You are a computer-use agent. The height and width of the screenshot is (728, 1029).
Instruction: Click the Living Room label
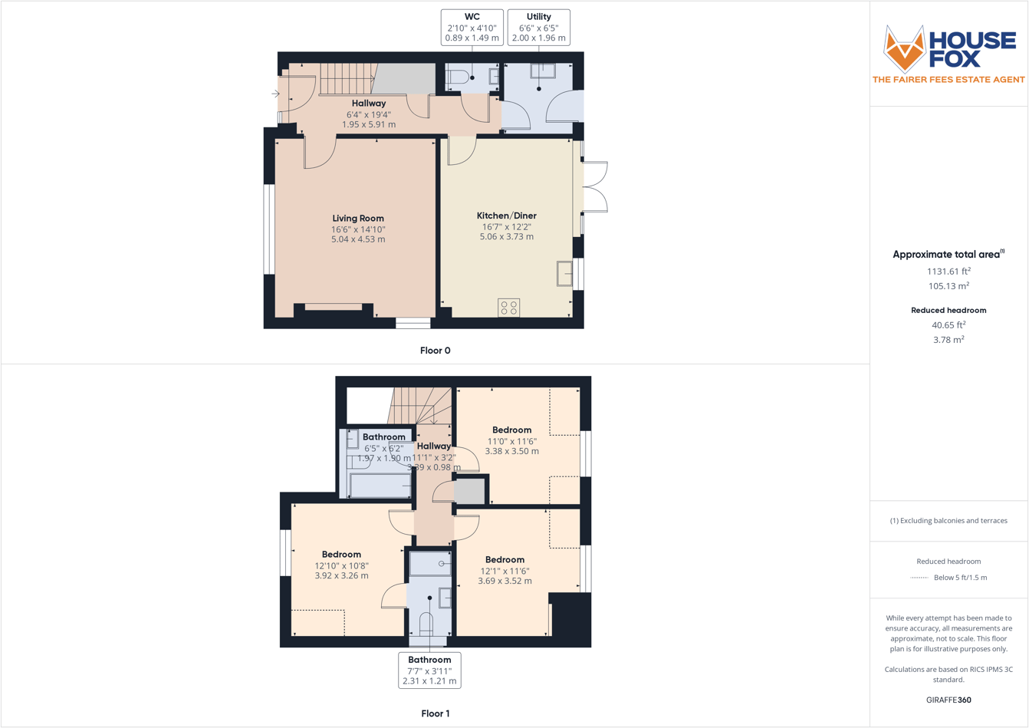point(358,219)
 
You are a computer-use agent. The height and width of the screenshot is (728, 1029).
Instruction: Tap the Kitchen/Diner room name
point(506,216)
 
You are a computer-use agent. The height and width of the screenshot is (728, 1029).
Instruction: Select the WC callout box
point(472,28)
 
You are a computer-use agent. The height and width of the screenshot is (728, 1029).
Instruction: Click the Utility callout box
point(538,28)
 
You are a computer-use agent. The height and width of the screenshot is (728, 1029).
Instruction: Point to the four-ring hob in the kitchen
point(508,308)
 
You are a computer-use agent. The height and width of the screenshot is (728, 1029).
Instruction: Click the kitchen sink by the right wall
point(565,274)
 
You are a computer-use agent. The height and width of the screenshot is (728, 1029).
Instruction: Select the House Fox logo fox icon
point(905,48)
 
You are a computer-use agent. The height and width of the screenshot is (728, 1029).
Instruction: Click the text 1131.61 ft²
point(948,271)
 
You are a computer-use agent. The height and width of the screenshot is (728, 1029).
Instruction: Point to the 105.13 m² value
point(948,286)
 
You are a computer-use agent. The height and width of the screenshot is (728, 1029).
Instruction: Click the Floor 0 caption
point(435,351)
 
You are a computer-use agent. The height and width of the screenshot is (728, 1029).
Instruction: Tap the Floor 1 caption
point(435,713)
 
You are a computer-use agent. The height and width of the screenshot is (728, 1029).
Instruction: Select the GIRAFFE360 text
point(948,700)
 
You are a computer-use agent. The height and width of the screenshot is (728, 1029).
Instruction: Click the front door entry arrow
point(275,94)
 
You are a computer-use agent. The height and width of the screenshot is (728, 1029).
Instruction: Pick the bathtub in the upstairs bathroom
point(380,486)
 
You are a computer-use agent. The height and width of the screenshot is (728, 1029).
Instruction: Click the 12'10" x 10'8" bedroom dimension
point(341,566)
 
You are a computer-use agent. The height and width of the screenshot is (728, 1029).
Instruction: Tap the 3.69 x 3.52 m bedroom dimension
point(505,581)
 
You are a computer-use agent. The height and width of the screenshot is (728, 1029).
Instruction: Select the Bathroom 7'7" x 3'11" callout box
point(429,670)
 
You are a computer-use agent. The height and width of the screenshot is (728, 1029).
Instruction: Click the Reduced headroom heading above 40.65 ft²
point(948,311)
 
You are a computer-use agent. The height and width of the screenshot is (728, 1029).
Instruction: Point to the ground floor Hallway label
point(369,104)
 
